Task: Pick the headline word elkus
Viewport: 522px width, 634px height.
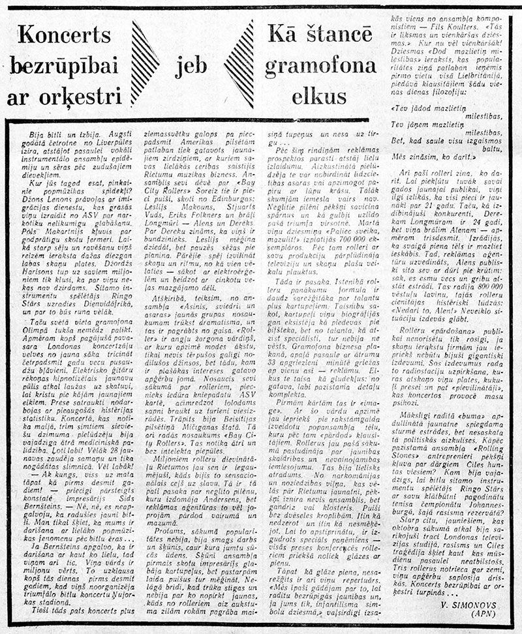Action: (320, 97)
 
